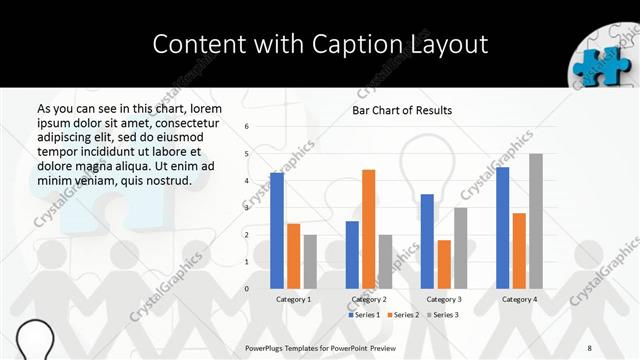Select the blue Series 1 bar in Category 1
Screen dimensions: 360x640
point(277,231)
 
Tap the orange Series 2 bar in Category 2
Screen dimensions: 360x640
point(368,229)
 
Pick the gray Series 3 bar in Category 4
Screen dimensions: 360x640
point(536,221)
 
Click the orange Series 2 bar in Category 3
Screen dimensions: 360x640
point(444,264)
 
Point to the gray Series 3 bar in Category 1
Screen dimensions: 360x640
point(310,262)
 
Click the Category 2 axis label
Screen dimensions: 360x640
point(368,299)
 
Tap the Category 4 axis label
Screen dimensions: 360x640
point(519,299)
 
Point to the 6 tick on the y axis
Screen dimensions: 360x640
point(247,127)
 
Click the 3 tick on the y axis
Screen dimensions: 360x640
point(247,208)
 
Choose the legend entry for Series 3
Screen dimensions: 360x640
point(441,315)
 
